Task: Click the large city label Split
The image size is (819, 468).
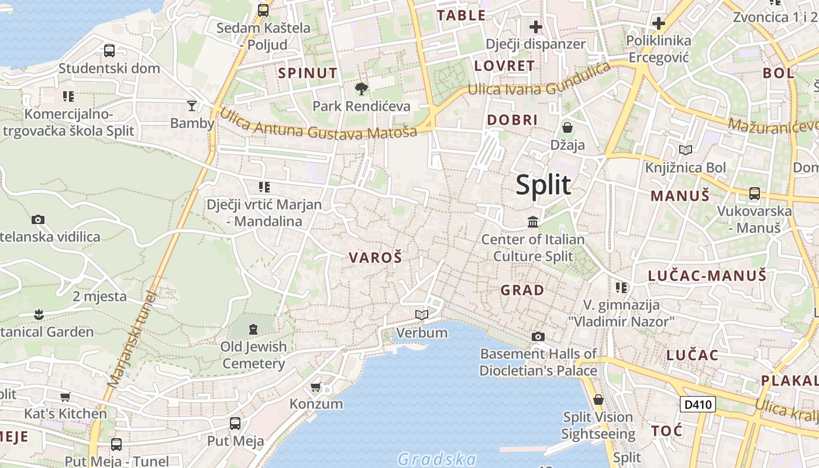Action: (x=543, y=185)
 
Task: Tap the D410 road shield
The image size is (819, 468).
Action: (x=698, y=404)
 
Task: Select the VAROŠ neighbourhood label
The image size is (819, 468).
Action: (x=376, y=257)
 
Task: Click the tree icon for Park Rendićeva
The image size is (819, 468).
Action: (x=362, y=89)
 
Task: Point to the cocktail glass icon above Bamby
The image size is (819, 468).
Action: (x=192, y=106)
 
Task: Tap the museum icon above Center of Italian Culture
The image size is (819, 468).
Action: (x=533, y=222)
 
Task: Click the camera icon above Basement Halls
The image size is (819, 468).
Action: (x=538, y=336)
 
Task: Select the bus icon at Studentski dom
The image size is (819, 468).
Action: (x=109, y=51)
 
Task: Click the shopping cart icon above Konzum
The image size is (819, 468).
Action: (x=316, y=387)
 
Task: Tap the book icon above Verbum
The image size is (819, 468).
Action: (x=421, y=315)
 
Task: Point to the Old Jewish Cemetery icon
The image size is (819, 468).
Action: (x=253, y=329)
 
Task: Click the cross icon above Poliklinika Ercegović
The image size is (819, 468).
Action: (x=659, y=23)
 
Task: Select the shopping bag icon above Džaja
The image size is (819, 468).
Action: (x=567, y=127)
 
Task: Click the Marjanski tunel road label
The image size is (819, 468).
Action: (x=133, y=339)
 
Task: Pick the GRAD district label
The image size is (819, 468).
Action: (x=522, y=290)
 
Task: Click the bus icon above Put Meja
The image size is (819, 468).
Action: (x=235, y=423)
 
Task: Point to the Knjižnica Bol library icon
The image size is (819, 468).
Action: (x=685, y=150)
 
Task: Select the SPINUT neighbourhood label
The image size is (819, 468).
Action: (x=308, y=73)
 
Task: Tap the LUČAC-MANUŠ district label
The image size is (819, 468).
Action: (x=707, y=276)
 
